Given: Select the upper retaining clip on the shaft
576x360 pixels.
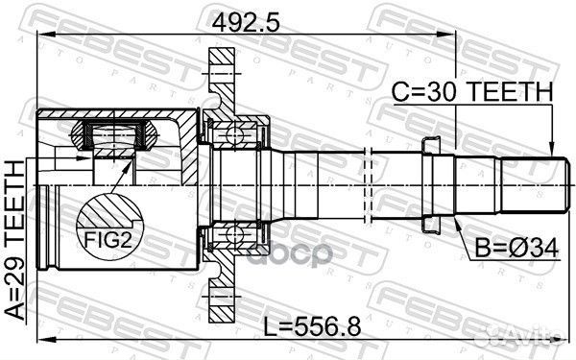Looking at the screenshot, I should coord(434,144).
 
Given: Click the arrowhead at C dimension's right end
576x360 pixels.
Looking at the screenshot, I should coord(552,145).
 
